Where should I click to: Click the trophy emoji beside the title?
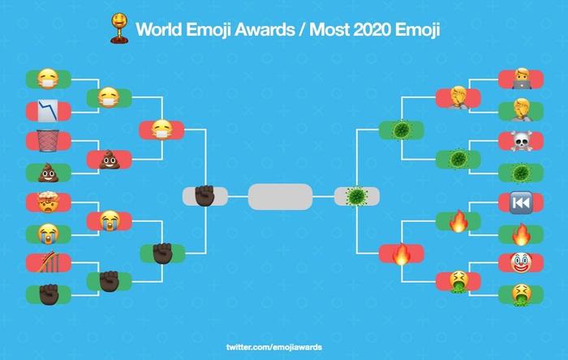119,28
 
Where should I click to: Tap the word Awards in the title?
265,29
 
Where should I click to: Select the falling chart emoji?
48,111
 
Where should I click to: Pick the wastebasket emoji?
48,141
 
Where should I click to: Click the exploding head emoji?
48,202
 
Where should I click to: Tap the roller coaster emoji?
49,262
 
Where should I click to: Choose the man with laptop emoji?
522,79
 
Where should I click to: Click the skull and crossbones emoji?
521,141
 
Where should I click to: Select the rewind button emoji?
521,203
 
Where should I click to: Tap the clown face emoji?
521,263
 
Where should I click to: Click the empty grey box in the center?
281,197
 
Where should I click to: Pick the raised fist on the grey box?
204,195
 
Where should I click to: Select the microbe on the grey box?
357,196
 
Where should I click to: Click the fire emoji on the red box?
402,254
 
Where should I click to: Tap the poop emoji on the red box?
110,160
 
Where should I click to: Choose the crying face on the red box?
109,221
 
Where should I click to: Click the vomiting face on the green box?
521,295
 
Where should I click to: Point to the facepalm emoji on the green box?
522,110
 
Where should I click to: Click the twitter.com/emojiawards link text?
274,347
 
